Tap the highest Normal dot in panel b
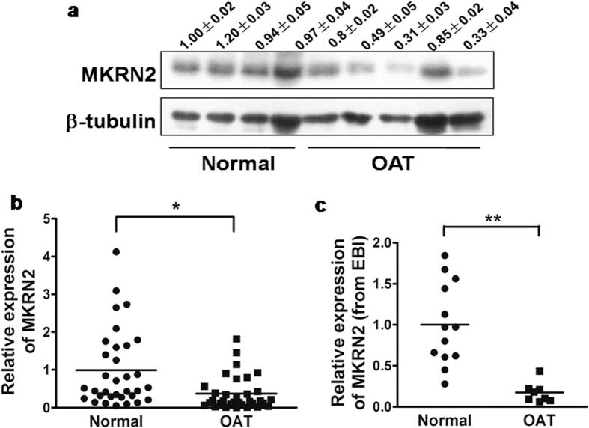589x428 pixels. pos(115,252)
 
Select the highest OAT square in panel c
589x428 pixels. pos(539,371)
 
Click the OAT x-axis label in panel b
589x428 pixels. pos(235,421)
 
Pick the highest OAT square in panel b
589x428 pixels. pos(236,340)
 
